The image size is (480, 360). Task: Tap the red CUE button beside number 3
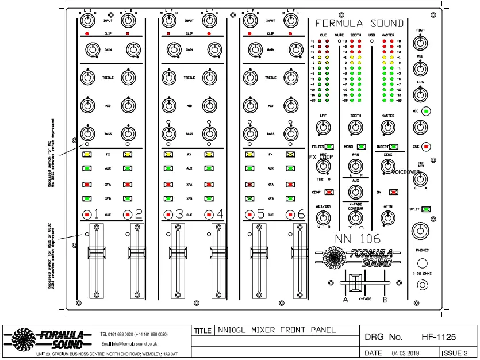pyautogui.click(x=168, y=215)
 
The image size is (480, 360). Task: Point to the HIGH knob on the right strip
pyautogui.click(x=420, y=42)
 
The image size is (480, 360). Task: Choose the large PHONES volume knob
pyautogui.click(x=420, y=231)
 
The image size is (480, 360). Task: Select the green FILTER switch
pyautogui.click(x=330, y=147)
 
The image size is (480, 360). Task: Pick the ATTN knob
pyautogui.click(x=387, y=217)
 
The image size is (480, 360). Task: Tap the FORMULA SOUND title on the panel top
pyautogui.click(x=359, y=24)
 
